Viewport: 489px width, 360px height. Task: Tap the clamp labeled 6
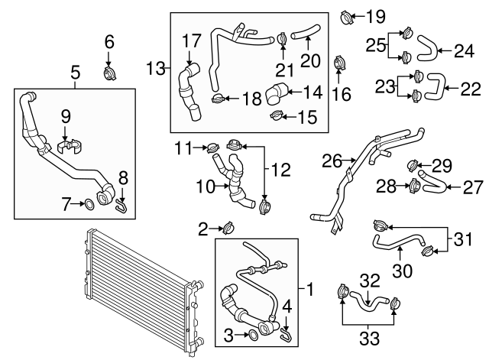[109, 73]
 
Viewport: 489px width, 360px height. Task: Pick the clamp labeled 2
[227, 227]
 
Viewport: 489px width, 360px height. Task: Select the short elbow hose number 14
[276, 95]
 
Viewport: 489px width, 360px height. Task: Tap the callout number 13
[156, 69]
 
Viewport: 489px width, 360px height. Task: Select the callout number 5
[75, 73]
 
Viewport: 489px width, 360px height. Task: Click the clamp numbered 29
[412, 164]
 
